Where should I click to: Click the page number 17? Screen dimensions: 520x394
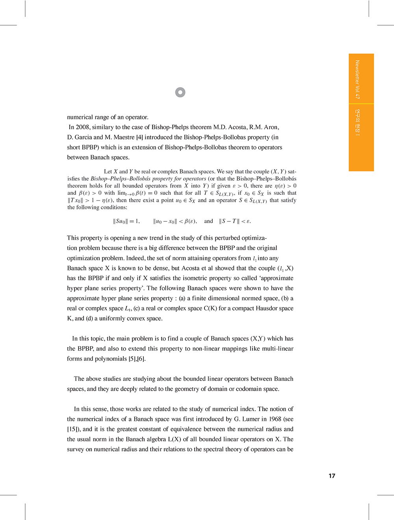coord(332,476)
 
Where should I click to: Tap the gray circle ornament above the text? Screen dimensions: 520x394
coord(180,92)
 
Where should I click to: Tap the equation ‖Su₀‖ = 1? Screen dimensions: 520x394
coord(126,221)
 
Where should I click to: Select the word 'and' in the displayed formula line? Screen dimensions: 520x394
coord(208,221)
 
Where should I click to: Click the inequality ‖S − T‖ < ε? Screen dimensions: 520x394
coord(235,221)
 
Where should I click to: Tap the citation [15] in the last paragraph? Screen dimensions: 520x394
coord(74,429)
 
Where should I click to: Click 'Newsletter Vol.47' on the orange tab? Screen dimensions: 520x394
coord(357,79)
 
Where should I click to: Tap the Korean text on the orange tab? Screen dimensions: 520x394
coord(357,123)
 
